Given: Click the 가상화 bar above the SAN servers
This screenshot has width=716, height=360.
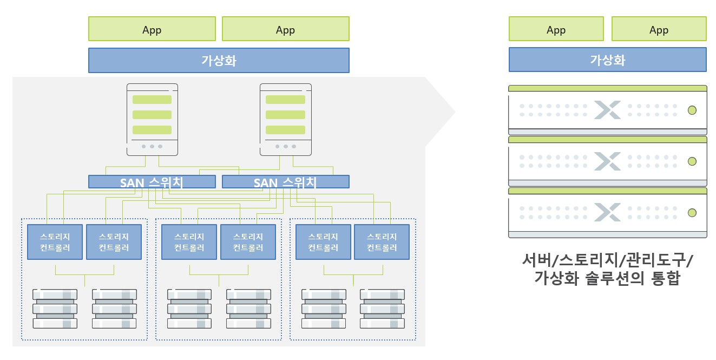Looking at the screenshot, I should pyautogui.click(x=219, y=60).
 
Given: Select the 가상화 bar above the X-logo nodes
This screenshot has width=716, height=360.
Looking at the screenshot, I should pyautogui.click(x=607, y=60).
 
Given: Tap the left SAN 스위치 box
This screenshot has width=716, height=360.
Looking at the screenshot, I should pyautogui.click(x=152, y=182).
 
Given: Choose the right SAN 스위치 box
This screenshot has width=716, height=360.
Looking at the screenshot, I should pyautogui.click(x=285, y=182).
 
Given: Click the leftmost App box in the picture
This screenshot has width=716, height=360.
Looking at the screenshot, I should pyautogui.click(x=152, y=29).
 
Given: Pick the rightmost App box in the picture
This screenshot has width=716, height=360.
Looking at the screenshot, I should pyautogui.click(x=659, y=29).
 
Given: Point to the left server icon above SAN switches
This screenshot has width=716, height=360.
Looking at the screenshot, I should pyautogui.click(x=152, y=119).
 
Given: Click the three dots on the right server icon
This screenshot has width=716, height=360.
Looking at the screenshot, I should pyautogui.click(x=285, y=146).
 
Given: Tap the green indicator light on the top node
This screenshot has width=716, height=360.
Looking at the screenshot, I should pyautogui.click(x=691, y=110).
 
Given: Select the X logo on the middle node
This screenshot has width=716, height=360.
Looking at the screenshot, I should pyautogui.click(x=607, y=161).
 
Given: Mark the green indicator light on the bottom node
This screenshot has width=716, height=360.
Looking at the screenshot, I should pyautogui.click(x=691, y=212).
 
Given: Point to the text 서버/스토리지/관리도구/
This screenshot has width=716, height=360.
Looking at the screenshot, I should pyautogui.click(x=607, y=260).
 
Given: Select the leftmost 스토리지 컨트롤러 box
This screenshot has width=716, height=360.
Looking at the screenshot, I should pyautogui.click(x=55, y=242).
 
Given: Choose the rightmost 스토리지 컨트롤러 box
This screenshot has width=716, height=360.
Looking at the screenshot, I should pyautogui.click(x=382, y=242).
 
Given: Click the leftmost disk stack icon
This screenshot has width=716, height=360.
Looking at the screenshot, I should pyautogui.click(x=55, y=309).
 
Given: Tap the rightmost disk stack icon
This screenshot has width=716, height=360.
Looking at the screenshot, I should pyautogui.click(x=382, y=309).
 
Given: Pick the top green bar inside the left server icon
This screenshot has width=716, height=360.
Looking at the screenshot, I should pyautogui.click(x=152, y=100).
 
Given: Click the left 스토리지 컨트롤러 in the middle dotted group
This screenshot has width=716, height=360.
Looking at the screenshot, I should pyautogui.click(x=189, y=242).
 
